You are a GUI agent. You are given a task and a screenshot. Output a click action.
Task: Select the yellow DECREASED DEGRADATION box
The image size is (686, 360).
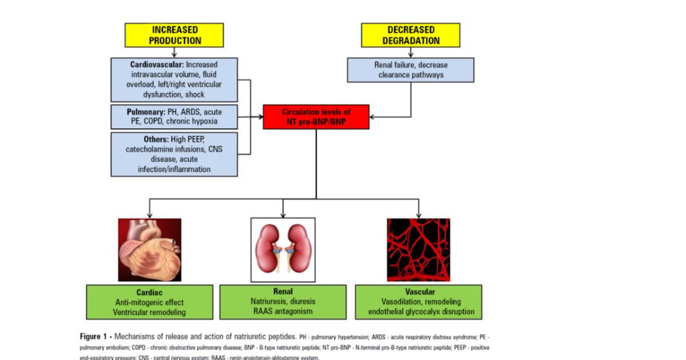(410, 35)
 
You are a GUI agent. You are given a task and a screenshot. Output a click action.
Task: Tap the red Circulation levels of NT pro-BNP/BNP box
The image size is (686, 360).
(316, 117)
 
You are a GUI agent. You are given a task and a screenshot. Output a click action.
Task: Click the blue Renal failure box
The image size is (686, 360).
(410, 70)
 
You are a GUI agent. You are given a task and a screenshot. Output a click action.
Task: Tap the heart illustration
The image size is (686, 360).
(150, 250)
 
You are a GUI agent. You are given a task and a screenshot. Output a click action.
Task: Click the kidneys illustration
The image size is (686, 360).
(283, 250)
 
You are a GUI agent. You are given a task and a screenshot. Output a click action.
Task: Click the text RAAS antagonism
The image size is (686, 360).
(283, 312)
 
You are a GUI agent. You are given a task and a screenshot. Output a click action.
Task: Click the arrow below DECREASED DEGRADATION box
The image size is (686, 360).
(410, 52)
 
